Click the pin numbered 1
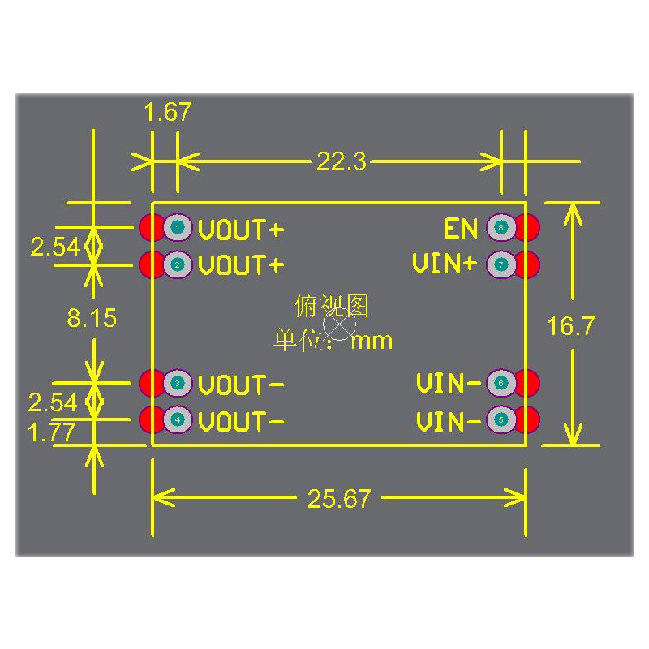pyautogui.click(x=177, y=228)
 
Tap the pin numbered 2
pyautogui.click(x=177, y=264)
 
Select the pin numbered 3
pyautogui.click(x=177, y=383)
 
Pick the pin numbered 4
pyautogui.click(x=177, y=420)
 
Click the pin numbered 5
pyautogui.click(x=501, y=420)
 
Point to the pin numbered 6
pyautogui.click(x=501, y=383)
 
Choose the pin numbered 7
pyautogui.click(x=501, y=264)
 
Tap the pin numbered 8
pyautogui.click(x=501, y=228)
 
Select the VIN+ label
pyautogui.click(x=445, y=264)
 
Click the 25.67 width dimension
pyautogui.click(x=339, y=499)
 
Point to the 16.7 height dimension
pyautogui.click(x=571, y=326)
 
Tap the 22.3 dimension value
pyautogui.click(x=342, y=162)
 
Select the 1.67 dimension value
pyautogui.click(x=167, y=113)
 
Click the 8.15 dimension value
pyautogui.click(x=92, y=319)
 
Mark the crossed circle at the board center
pyautogui.click(x=339, y=324)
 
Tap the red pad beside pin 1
pyautogui.click(x=151, y=228)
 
